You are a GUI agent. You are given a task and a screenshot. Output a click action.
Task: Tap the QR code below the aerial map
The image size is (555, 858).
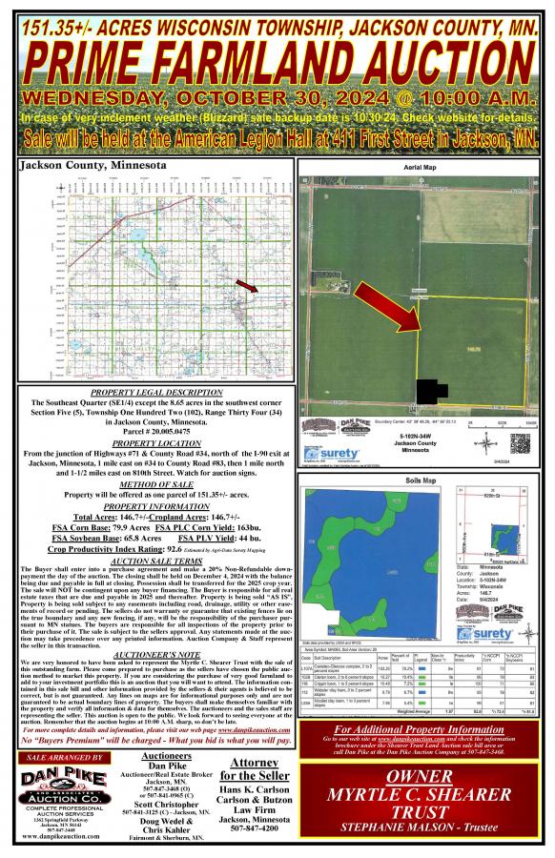tap(519, 443)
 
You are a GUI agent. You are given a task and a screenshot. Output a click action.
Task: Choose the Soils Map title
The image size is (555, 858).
tap(420, 480)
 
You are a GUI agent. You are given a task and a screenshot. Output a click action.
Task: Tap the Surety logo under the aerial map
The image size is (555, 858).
tap(329, 444)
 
